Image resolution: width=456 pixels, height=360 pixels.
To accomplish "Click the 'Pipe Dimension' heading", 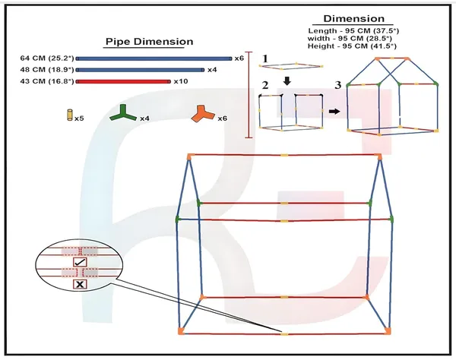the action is pyautogui.click(x=149, y=42).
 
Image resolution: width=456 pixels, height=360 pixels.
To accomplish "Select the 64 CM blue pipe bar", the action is pyautogui.click(x=154, y=58).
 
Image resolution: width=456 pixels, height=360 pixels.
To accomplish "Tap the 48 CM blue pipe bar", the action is pyautogui.click(x=140, y=70).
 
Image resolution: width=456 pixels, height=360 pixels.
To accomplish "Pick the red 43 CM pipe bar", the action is pyautogui.click(x=123, y=82).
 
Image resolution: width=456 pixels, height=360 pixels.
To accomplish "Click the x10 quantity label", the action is pyautogui.click(x=181, y=81).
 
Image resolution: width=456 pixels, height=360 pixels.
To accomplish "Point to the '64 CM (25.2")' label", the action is pyautogui.click(x=47, y=58).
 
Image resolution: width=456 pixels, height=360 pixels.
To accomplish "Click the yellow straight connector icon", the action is pyautogui.click(x=69, y=115).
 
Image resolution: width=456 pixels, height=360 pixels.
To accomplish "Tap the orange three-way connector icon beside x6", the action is pyautogui.click(x=203, y=114).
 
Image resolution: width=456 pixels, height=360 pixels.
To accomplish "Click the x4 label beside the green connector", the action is pyautogui.click(x=144, y=118).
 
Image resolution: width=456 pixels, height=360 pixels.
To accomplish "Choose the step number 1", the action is pyautogui.click(x=265, y=58).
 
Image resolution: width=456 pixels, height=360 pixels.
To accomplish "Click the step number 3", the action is pyautogui.click(x=337, y=85).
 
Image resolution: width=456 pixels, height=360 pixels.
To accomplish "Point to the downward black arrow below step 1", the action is pyautogui.click(x=287, y=81).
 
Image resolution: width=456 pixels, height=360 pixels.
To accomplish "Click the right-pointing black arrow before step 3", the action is pyautogui.click(x=334, y=112).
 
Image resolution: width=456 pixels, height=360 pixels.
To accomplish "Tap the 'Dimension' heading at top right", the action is pyautogui.click(x=354, y=18).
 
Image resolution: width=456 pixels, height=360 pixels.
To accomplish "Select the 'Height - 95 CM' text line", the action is pyautogui.click(x=352, y=46).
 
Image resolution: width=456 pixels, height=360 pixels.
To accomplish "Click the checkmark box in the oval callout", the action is pyautogui.click(x=80, y=262).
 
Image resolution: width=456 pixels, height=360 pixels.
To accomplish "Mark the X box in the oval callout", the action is pyautogui.click(x=80, y=284).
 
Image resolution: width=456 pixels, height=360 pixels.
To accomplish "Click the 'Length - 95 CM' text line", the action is pyautogui.click(x=353, y=31).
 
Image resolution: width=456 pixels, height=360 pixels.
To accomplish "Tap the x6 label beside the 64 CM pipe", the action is pyautogui.click(x=239, y=58).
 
